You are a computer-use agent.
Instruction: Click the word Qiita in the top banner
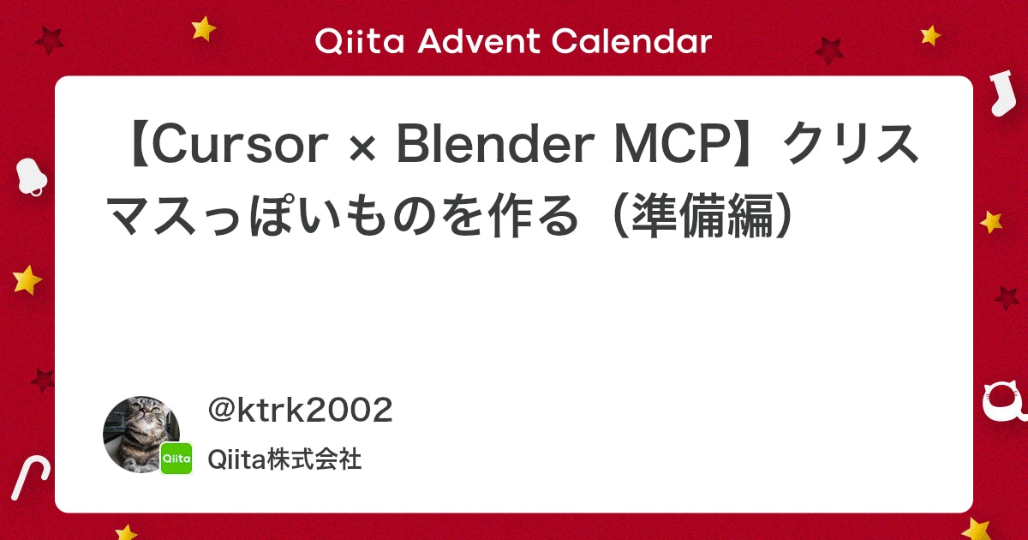[350, 40]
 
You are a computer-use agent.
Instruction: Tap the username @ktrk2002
[301, 411]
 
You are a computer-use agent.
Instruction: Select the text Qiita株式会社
[284, 460]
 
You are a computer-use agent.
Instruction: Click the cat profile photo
[140, 433]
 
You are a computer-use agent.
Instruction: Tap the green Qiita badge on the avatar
[176, 459]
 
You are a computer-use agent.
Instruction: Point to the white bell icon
[32, 177]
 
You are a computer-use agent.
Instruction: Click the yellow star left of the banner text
[204, 28]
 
